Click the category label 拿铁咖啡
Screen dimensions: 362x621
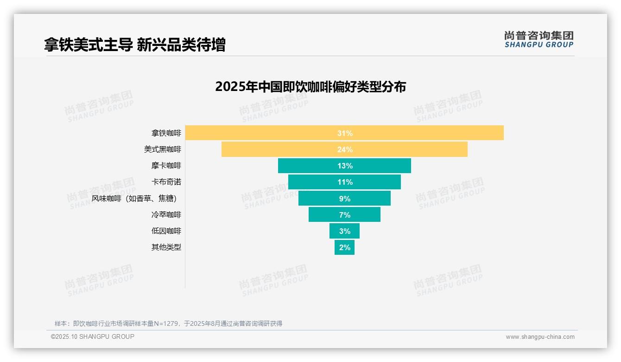tap(166, 133)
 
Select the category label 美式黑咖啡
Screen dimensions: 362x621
tap(162, 149)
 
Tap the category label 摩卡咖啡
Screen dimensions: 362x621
tap(166, 166)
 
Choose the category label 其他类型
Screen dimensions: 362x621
tap(166, 247)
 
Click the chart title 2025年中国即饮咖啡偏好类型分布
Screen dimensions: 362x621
tap(310, 87)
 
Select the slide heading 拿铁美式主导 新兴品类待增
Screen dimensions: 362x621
tap(134, 45)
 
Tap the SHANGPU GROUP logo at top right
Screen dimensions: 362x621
tap(539, 39)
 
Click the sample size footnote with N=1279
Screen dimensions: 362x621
tap(168, 323)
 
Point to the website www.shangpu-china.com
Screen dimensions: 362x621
tap(540, 337)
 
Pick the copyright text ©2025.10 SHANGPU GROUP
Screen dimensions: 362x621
tap(92, 336)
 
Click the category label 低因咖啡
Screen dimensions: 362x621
tap(166, 231)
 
